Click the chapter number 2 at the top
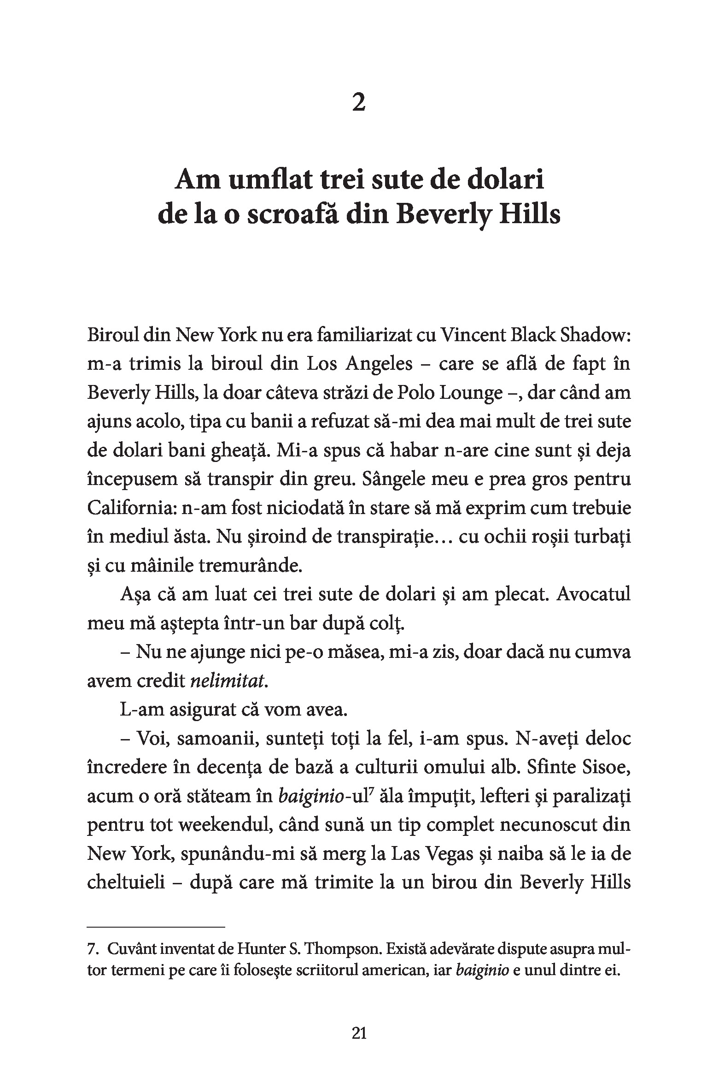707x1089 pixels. [x=359, y=102]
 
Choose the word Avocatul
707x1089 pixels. [x=593, y=594]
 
